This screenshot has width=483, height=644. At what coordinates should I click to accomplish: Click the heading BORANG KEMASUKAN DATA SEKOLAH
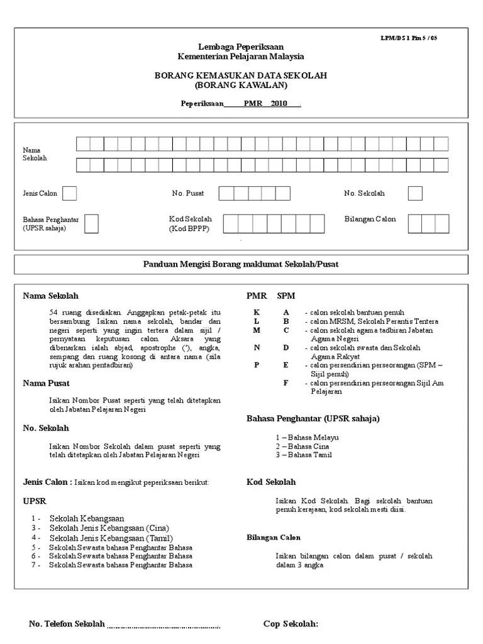coord(241,75)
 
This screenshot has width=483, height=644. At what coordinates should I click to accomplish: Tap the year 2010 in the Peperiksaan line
coord(279,104)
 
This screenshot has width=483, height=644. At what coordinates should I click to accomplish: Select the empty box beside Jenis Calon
coord(69,193)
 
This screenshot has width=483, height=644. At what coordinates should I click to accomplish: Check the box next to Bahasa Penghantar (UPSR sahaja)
coord(91,223)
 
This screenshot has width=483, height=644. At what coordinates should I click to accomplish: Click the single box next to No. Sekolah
coord(414,193)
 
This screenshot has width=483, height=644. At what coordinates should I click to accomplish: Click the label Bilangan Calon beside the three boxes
coord(370,219)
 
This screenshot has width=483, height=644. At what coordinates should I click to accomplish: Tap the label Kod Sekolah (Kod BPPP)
coord(190,224)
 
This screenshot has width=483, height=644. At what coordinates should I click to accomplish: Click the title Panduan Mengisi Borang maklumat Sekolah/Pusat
coord(241,264)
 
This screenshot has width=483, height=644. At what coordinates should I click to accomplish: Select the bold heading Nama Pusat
coord(46,383)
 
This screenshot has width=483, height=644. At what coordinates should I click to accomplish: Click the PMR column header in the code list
coord(257,296)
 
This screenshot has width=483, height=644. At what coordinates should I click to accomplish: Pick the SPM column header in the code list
coord(286,296)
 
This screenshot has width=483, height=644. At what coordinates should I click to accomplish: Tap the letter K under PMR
coord(256,313)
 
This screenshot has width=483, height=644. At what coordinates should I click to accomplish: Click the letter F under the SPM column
coord(286,383)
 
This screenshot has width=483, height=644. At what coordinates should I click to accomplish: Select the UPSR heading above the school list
coord(35,502)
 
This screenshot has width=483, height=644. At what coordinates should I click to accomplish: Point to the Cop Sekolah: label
coord(291,624)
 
